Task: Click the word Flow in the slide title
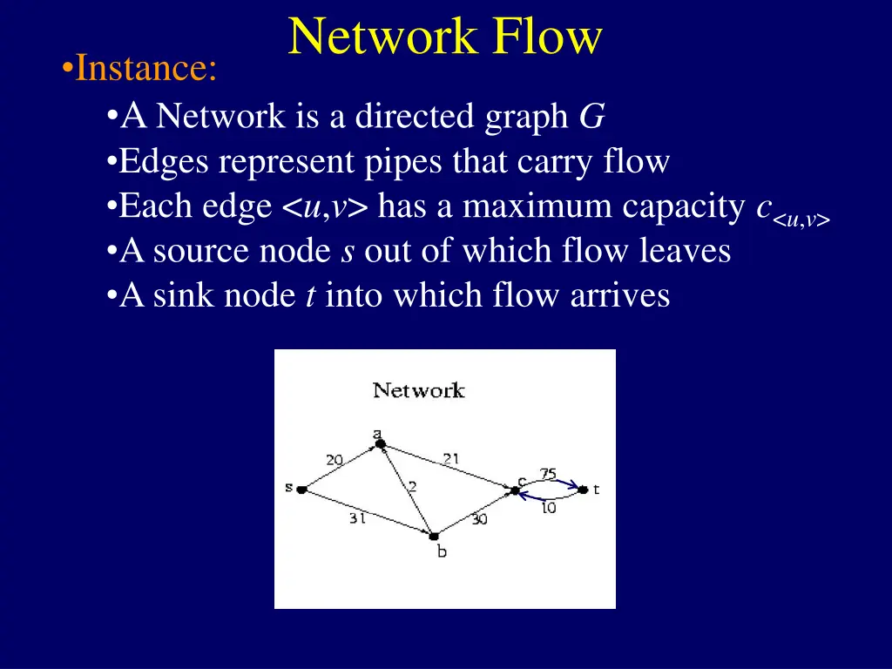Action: pos(547,37)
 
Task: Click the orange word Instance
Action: pos(145,69)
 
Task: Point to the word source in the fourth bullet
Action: pos(206,251)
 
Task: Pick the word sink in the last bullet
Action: pos(186,296)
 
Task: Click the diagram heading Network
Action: pos(419,390)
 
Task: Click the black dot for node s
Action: pos(302,490)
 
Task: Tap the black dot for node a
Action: pos(381,444)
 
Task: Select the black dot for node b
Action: pos(434,536)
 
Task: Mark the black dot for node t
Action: pos(583,490)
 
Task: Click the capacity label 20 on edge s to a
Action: pos(334,460)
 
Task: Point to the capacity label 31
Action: pos(357,518)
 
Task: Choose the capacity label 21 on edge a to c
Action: pos(451,458)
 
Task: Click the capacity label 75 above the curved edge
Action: pos(548,473)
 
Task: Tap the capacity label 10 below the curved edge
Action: pos(548,507)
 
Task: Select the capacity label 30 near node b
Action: pos(479,519)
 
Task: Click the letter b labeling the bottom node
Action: pos(442,551)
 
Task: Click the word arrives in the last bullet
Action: pos(619,296)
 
